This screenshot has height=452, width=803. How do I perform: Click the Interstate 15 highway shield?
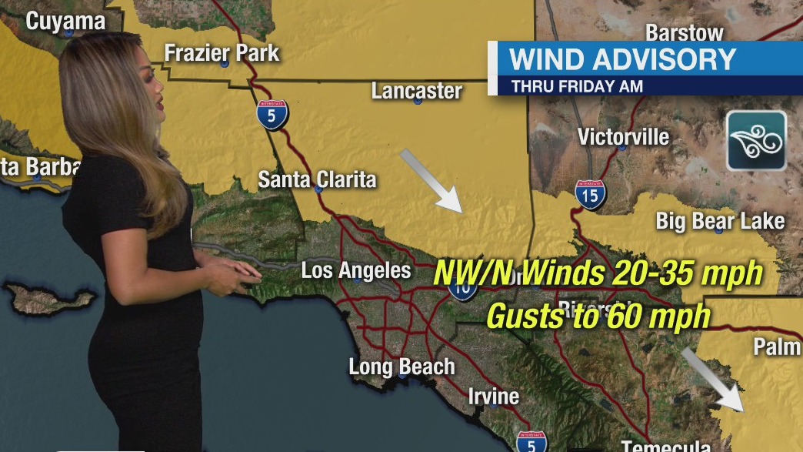pyautogui.click(x=590, y=195)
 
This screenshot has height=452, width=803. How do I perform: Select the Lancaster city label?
pyautogui.click(x=416, y=90)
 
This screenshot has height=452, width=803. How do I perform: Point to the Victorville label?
pyautogui.click(x=623, y=137)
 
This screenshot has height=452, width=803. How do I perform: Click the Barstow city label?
pyautogui.click(x=684, y=32)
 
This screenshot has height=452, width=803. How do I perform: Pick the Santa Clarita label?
pyautogui.click(x=317, y=179)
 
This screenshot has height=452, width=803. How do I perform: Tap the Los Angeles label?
pyautogui.click(x=355, y=270)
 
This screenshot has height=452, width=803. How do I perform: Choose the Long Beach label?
pyautogui.click(x=401, y=367)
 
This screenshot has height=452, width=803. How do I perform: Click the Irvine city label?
pyautogui.click(x=493, y=397)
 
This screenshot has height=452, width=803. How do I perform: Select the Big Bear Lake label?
pyautogui.click(x=720, y=222)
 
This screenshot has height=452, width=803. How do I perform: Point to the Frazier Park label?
pyautogui.click(x=222, y=53)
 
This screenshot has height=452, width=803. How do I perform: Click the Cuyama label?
pyautogui.click(x=65, y=21)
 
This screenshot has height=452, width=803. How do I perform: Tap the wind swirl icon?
pyautogui.click(x=756, y=140)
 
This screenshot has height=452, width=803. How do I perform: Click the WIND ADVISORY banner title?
pyautogui.click(x=623, y=59)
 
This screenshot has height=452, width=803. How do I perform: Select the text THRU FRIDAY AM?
pyautogui.click(x=577, y=86)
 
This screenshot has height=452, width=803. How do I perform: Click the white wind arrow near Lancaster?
pyautogui.click(x=431, y=180)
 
